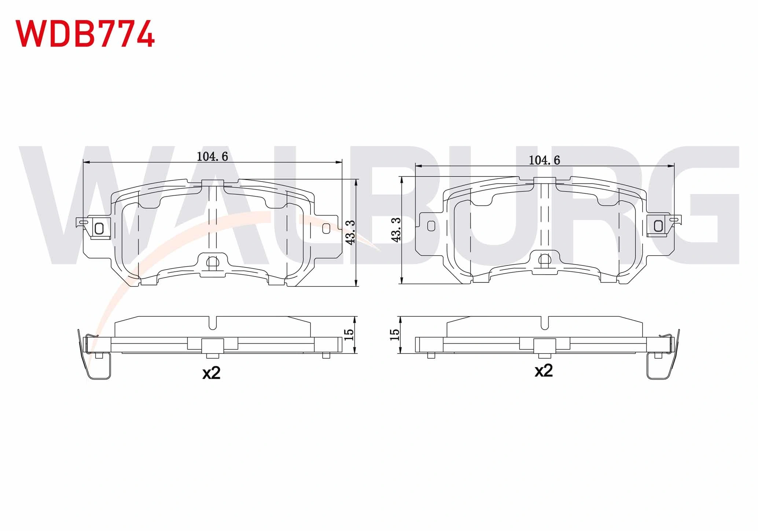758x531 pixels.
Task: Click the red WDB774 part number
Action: [85, 33]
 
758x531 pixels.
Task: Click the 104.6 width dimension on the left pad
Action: [212, 157]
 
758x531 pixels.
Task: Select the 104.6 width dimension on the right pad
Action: [544, 160]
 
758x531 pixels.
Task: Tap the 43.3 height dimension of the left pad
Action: [350, 232]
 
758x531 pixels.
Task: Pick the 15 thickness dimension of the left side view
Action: [349, 334]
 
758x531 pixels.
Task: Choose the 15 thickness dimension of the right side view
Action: [394, 334]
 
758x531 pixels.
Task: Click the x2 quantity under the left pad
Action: [211, 373]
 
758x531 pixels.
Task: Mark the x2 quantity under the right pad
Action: [544, 371]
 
